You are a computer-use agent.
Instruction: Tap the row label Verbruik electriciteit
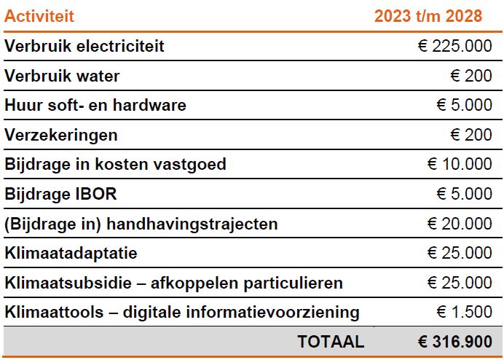coord(84,47)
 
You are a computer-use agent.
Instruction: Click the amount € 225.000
coord(455,47)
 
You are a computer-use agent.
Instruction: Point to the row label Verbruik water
coord(62,76)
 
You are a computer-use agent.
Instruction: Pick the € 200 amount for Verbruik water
coord(471,76)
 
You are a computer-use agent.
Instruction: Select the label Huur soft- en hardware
coord(95,106)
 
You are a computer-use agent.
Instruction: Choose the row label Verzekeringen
coord(61,136)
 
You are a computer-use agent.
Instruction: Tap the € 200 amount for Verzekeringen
coord(471,136)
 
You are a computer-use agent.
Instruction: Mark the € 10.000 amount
coord(460,165)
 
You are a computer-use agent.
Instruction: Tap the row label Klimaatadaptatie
coord(71,254)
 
